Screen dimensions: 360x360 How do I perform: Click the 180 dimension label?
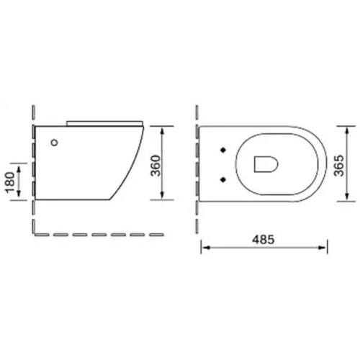(x=10, y=182)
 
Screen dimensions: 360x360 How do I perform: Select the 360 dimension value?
(x=156, y=166)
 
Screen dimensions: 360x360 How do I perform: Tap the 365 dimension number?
(x=339, y=166)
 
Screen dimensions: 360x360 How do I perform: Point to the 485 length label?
(x=263, y=240)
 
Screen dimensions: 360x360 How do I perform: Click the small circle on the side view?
(x=55, y=143)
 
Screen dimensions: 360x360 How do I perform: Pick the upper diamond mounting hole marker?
(x=223, y=150)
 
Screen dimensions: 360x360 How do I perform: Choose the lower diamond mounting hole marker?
(x=223, y=179)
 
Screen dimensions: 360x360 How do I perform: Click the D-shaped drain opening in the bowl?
(x=266, y=164)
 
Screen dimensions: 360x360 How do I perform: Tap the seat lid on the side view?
(x=105, y=123)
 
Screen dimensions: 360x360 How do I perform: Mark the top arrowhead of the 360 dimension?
(x=162, y=131)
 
